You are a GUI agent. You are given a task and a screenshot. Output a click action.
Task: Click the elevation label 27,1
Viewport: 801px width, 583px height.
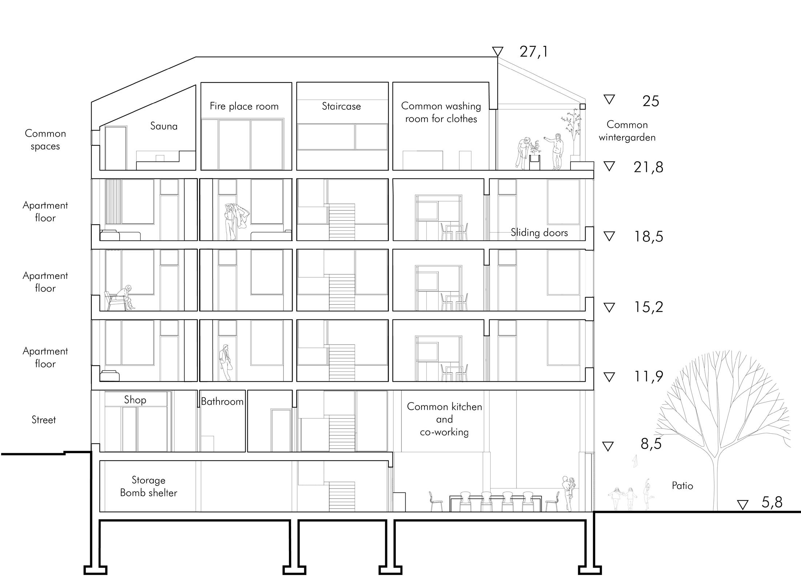pos(533,52)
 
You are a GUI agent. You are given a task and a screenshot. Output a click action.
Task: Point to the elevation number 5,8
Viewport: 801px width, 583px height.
pos(772,502)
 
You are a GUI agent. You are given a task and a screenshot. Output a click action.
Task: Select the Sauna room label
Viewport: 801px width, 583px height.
pos(164,126)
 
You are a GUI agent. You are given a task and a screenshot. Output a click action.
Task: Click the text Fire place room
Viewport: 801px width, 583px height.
pos(244,106)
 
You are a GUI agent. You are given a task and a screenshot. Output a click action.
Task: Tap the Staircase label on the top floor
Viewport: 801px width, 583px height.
pos(341,106)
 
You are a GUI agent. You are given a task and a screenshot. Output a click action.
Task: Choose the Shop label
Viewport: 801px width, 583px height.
pos(135,400)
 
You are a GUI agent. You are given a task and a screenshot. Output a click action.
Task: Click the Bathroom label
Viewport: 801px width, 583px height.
pos(222,401)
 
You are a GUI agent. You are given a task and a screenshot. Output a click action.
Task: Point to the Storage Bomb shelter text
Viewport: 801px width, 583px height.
pos(149,486)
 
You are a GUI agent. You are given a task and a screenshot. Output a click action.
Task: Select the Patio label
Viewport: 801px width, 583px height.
pos(682,486)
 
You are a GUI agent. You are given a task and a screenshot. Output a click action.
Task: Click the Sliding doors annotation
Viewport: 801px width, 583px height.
pos(539,233)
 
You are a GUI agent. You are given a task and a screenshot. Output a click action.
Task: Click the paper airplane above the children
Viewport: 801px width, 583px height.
pos(635,461)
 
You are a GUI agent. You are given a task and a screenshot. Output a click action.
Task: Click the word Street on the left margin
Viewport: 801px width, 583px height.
pos(44,420)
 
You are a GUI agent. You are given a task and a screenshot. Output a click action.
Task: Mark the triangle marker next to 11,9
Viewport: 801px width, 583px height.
pos(609,377)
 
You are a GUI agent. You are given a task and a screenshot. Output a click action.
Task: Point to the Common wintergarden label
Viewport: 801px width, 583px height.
pos(627,131)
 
